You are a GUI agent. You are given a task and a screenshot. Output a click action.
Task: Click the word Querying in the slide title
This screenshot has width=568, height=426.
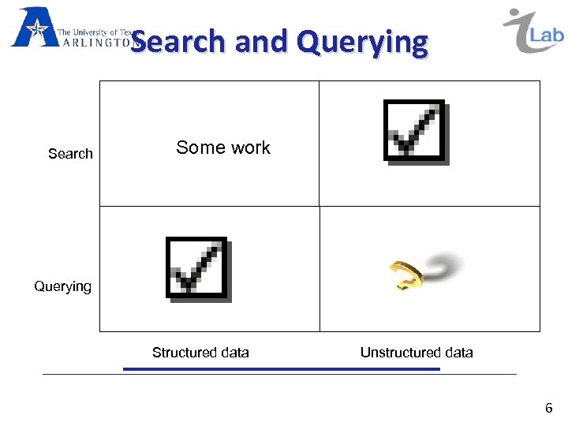[x=363, y=42]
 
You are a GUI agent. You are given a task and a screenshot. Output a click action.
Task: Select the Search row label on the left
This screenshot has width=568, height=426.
[x=70, y=154]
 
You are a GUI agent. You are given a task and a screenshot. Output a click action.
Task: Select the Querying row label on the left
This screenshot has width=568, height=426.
[x=62, y=286]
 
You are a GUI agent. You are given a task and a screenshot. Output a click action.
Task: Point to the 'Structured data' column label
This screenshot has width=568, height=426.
[x=200, y=353]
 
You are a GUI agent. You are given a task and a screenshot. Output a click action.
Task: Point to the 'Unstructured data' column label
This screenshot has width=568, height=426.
[x=417, y=353]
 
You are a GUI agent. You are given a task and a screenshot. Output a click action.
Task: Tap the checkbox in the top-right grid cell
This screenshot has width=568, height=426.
[x=415, y=131]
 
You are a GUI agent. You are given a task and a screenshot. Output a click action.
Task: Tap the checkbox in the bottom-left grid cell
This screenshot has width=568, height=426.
[x=197, y=268]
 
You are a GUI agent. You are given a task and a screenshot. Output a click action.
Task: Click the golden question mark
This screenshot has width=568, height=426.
[x=402, y=274]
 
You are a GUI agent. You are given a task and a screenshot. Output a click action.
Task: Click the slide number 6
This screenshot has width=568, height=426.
[x=548, y=408]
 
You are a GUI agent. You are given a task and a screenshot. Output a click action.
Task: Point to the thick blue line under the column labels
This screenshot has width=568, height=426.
[x=281, y=368]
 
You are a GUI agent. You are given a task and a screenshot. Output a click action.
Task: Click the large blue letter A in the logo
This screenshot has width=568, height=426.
[x=32, y=28]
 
